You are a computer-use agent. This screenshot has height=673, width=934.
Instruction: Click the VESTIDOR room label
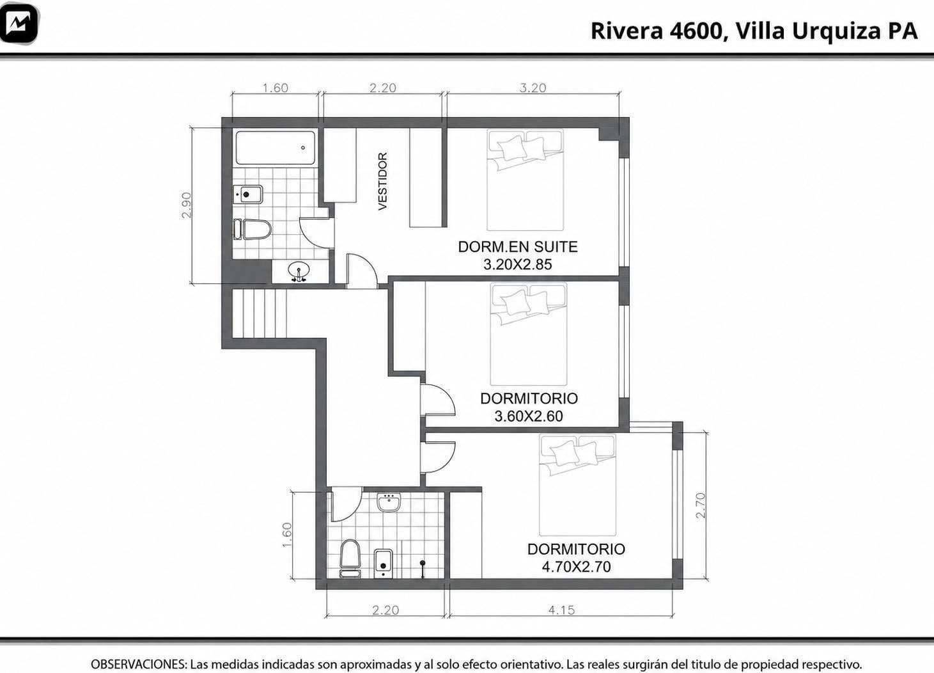click(383, 181)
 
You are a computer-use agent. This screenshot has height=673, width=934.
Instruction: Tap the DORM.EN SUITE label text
click(518, 246)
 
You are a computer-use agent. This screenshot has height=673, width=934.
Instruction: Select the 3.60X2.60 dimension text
click(529, 416)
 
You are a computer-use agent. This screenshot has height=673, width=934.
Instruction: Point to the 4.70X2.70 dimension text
click(576, 567)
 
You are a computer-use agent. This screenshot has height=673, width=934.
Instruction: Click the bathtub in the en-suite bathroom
click(275, 148)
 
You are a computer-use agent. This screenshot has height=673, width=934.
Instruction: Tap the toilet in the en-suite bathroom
click(253, 229)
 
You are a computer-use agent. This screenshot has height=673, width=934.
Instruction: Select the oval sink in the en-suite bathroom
click(299, 271)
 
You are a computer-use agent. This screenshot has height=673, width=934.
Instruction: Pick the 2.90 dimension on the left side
click(187, 205)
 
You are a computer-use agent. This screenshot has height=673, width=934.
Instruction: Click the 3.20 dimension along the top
click(533, 88)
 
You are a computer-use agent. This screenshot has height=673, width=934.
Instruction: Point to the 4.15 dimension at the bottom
click(561, 610)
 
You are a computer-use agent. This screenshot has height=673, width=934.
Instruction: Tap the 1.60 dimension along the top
click(275, 88)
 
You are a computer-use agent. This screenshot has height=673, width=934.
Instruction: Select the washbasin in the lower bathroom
click(389, 502)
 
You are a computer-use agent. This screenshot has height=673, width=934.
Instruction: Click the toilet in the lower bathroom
click(350, 558)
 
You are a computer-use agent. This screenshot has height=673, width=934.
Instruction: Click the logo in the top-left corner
click(20, 24)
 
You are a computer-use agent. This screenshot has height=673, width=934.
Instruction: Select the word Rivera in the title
click(627, 31)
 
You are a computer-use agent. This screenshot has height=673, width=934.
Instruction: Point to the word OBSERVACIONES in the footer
click(139, 664)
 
